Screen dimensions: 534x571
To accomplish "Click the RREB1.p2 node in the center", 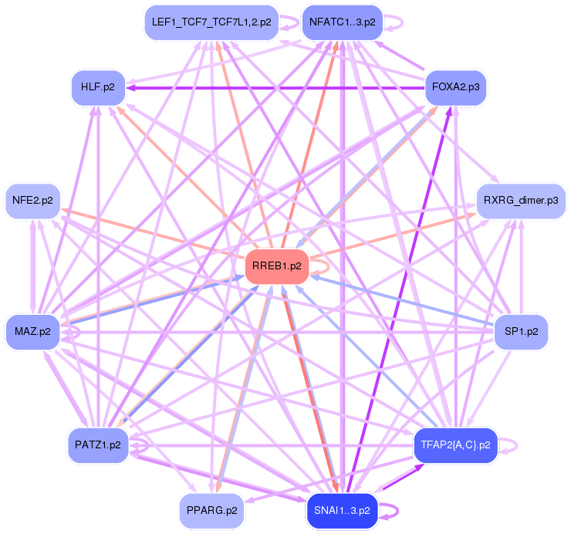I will click(277, 267).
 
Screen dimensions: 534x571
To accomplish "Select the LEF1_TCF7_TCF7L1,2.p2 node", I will click(211, 22).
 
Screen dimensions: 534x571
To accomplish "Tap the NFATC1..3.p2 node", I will click(342, 22).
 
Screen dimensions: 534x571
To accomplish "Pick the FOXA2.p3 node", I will click(455, 87).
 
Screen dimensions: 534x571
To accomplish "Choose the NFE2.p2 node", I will click(32, 201).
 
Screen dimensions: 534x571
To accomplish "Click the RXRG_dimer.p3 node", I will click(520, 201).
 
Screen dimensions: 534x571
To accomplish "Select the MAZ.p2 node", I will click(32, 332).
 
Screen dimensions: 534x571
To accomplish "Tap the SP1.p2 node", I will click(520, 332).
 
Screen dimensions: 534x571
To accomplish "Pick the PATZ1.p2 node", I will click(97, 445).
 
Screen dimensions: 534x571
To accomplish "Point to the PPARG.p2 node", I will click(211, 510).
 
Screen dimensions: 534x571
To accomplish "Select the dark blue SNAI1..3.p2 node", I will click(342, 510).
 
